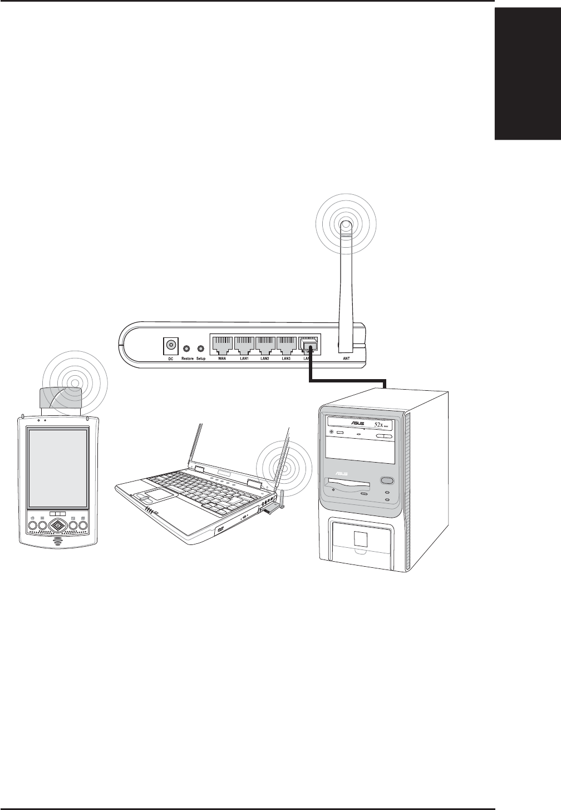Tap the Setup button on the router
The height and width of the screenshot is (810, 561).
coord(200,348)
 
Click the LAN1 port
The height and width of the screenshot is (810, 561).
coord(243,345)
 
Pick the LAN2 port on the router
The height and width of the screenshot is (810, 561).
coord(265,345)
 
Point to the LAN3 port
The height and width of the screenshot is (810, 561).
coord(287,345)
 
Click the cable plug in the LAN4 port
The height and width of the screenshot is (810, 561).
coord(309,346)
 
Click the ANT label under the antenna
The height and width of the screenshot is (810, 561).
coord(346,359)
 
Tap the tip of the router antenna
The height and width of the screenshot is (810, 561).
coord(345,225)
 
